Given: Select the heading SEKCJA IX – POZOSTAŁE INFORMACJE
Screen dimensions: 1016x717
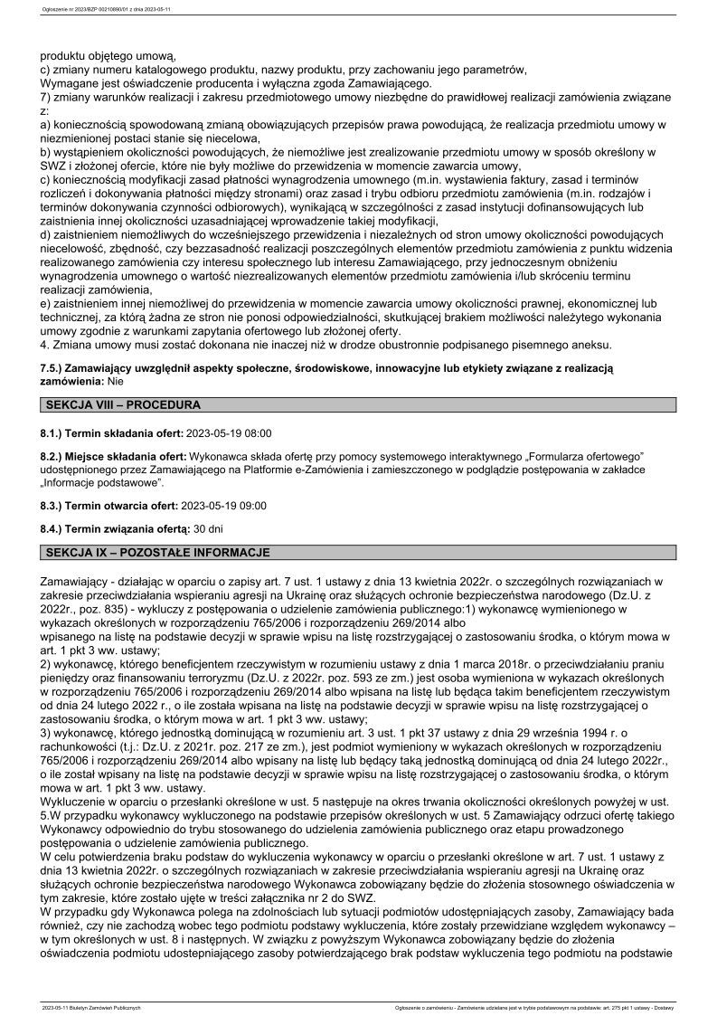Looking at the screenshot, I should click(156, 552).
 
